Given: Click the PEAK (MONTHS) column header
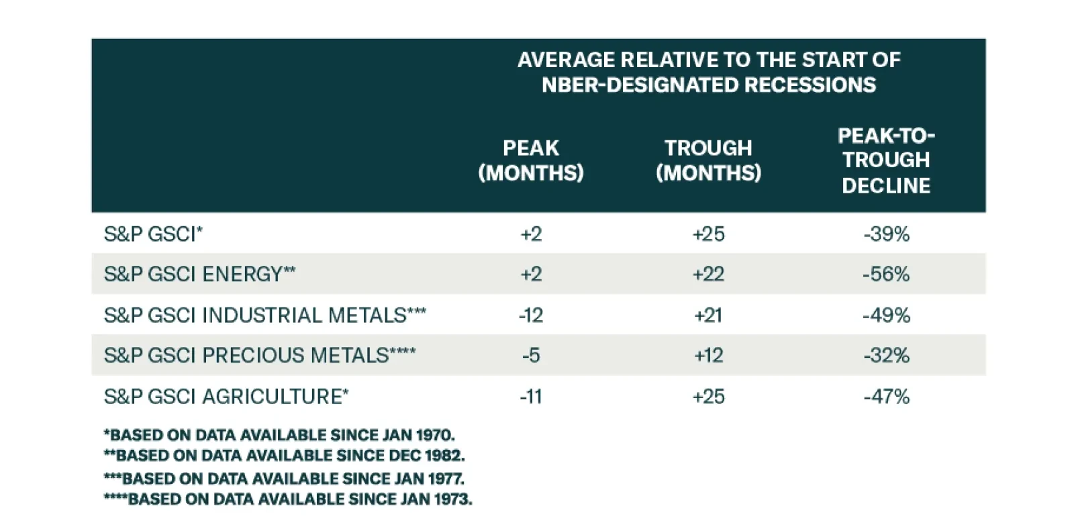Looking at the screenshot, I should coord(530,160).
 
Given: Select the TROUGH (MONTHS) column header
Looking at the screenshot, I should coord(708,160).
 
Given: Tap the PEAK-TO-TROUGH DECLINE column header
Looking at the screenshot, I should coord(886,160).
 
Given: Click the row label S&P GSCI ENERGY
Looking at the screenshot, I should coord(199,274).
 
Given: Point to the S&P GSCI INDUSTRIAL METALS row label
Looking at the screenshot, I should coord(264,315).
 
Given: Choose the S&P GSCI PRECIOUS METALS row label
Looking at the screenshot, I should coord(259,355).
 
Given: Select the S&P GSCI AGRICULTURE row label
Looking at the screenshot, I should coord(226,396).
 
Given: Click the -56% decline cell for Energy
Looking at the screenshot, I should coord(886,274).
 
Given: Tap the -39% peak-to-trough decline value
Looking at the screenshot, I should coord(886,234).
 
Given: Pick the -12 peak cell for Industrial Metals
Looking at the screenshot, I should coord(530,315).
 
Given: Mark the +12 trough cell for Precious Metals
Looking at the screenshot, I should coord(708,355).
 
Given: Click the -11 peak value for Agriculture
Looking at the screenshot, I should coord(530,396).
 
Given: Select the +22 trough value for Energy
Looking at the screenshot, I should coord(708,274).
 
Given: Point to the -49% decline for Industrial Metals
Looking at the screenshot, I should coord(886,315).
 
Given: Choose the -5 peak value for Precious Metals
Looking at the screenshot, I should coord(530,355).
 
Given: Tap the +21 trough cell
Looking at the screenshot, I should coord(708,315).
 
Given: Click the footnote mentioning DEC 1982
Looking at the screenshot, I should coord(284,455).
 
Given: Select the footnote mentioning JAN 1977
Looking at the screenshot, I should coord(284,479).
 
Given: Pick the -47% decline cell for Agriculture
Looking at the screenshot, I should coord(886,396).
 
